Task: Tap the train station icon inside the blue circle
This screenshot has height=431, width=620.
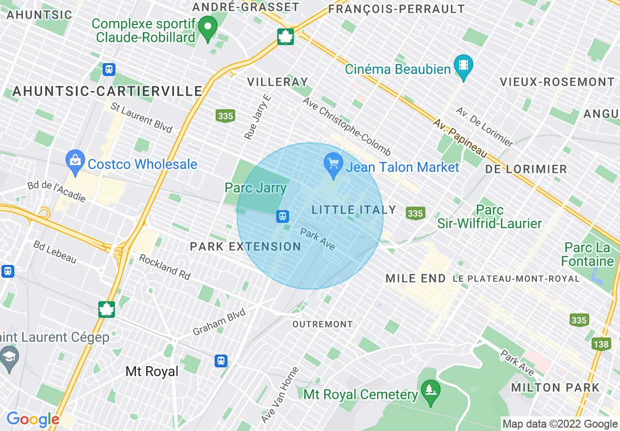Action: [x=282, y=216]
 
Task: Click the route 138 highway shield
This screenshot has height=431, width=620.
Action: [x=601, y=344]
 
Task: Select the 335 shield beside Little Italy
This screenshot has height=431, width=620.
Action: [x=415, y=214]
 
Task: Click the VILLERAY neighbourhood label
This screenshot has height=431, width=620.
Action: [x=278, y=82]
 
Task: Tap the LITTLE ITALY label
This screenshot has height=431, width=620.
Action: [x=354, y=210]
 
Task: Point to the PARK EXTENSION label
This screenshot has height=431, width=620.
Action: [x=245, y=246]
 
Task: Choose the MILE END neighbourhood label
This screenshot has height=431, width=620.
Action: [x=416, y=279]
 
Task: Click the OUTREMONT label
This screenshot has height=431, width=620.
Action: [x=322, y=324]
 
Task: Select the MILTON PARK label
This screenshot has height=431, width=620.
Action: [x=555, y=388]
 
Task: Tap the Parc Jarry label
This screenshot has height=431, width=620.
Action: [x=255, y=188]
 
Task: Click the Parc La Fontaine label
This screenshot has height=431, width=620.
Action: [x=587, y=254]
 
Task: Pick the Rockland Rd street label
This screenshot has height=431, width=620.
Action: [x=165, y=267]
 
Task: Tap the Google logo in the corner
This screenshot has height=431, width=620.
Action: [x=33, y=419]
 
